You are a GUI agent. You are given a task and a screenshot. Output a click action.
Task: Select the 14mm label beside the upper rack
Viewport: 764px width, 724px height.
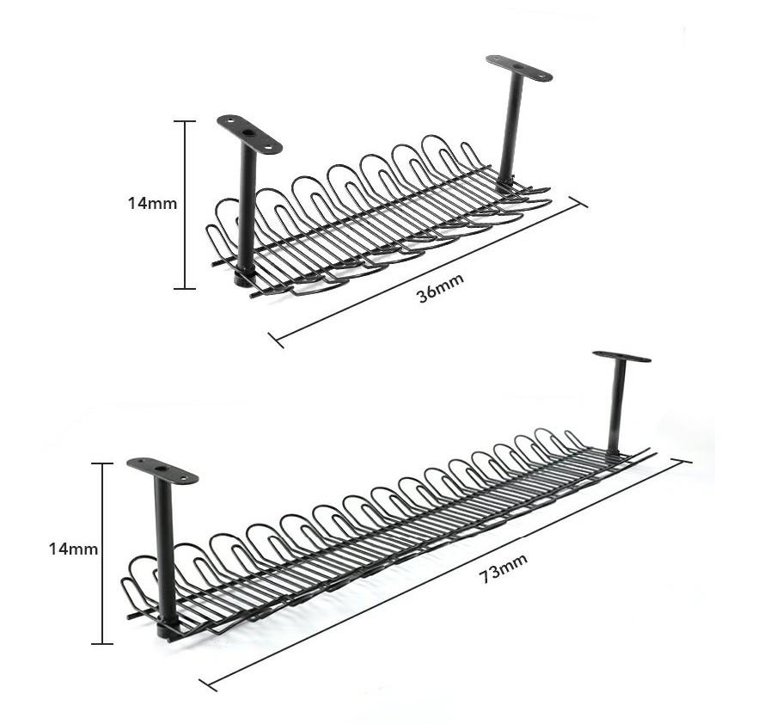(x=152, y=204)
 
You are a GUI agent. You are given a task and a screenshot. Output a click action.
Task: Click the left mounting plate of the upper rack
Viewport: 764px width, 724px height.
(x=249, y=134)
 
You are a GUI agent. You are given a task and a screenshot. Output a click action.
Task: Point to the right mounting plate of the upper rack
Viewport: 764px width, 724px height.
(x=519, y=68)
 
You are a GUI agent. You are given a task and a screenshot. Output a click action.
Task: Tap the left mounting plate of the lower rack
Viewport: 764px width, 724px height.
(x=162, y=470)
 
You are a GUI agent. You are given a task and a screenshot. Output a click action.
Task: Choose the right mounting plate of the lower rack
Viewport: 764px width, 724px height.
(x=621, y=356)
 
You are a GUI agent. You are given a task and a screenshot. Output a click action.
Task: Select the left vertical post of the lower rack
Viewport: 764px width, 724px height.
(x=165, y=550)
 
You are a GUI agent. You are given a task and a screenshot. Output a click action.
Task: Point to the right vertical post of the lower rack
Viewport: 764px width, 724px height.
(x=616, y=404)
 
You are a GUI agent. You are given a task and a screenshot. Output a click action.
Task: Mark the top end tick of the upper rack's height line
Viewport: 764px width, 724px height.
(x=185, y=121)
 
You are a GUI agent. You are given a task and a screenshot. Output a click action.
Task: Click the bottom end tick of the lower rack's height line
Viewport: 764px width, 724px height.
(x=102, y=643)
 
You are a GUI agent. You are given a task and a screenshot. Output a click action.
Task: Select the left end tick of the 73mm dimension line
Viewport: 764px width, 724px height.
(x=208, y=684)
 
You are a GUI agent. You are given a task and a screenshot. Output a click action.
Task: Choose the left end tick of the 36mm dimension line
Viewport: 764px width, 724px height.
(x=276, y=340)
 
